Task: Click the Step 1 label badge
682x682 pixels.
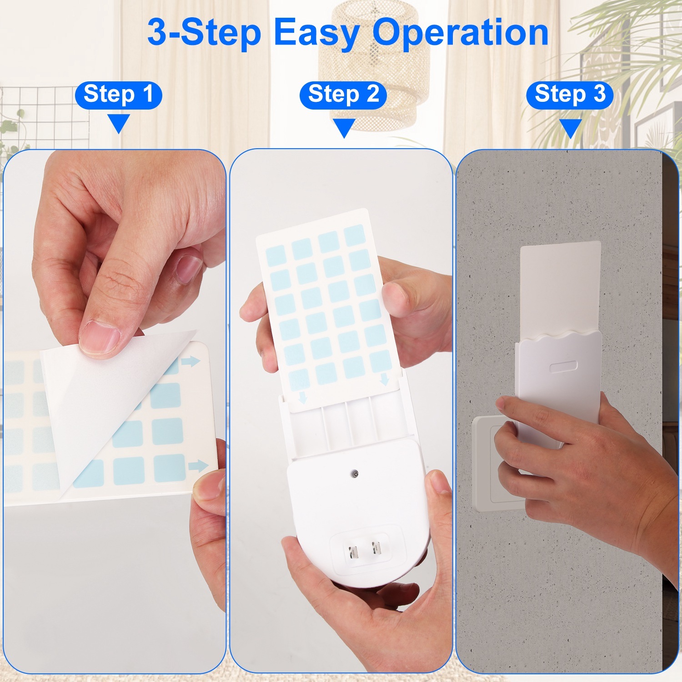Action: click(x=118, y=95)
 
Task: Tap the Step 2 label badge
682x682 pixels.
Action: click(x=343, y=95)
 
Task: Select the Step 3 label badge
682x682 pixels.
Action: click(x=570, y=95)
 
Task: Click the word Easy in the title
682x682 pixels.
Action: click(x=316, y=33)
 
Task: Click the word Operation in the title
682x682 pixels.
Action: click(x=460, y=33)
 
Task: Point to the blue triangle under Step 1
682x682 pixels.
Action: click(x=119, y=123)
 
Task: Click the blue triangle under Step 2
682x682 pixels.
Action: click(x=344, y=127)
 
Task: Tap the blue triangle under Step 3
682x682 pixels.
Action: click(x=570, y=128)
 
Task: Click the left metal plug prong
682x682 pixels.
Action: click(x=353, y=552)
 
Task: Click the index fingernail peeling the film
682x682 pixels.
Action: click(x=99, y=337)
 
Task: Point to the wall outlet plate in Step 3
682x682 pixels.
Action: click(x=489, y=464)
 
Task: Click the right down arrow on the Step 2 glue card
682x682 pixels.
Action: click(x=384, y=378)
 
